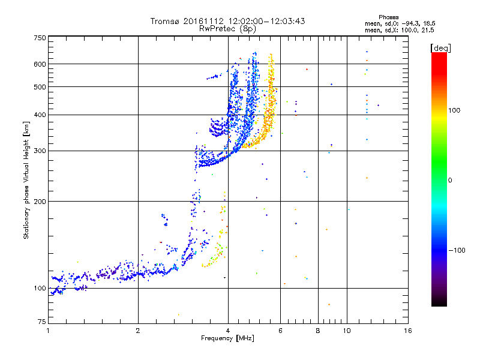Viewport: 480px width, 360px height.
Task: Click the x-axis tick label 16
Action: click(407, 331)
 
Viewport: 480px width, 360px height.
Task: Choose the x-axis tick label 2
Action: click(138, 331)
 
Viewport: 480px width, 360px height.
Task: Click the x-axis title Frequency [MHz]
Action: click(227, 339)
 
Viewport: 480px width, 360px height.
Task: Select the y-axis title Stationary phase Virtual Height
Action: click(26, 180)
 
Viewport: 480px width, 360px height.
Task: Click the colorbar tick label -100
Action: click(457, 250)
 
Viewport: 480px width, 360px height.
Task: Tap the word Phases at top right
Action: click(389, 17)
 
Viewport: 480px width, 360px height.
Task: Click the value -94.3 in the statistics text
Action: click(409, 23)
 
